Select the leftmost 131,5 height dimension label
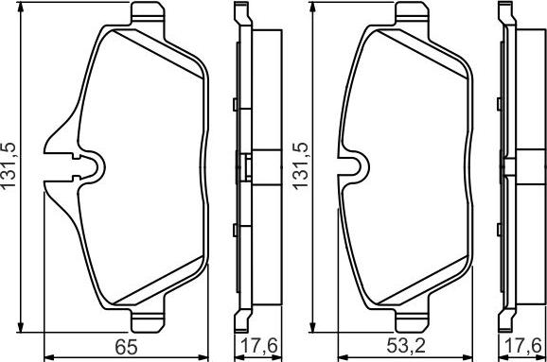tap(9, 165)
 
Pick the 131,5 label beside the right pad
tap(301, 165)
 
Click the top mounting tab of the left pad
tap(148, 13)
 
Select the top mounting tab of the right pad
tap(412, 13)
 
